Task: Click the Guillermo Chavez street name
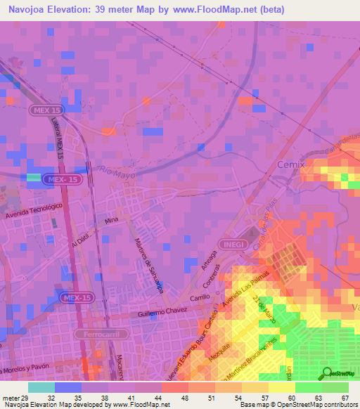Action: [x=165, y=312]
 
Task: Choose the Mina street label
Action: [x=111, y=221]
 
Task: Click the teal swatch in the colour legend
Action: [x=41, y=387]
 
